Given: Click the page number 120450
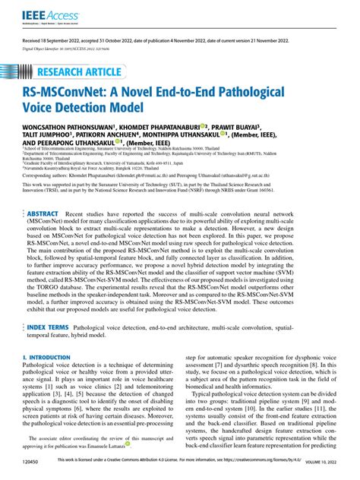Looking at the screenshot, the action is (33, 472).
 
